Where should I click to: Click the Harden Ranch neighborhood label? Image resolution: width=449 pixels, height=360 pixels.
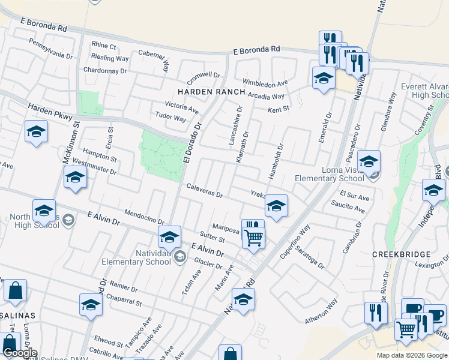click(x=211, y=92)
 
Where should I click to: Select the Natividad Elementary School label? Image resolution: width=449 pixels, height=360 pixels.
click(x=136, y=257)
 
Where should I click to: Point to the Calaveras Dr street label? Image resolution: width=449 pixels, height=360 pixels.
click(x=205, y=191)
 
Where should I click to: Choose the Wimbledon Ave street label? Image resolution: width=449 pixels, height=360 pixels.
click(x=265, y=82)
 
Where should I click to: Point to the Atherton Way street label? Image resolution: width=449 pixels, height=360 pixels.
click(x=321, y=316)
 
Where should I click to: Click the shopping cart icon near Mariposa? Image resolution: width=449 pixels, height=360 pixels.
click(x=254, y=238)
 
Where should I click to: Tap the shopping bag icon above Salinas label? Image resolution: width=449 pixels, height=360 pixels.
click(x=16, y=292)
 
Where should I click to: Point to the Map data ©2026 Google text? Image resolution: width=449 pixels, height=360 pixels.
click(x=411, y=355)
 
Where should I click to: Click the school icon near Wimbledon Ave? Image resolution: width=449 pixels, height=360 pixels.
click(x=324, y=79)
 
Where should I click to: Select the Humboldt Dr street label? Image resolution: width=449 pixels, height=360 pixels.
click(x=280, y=157)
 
